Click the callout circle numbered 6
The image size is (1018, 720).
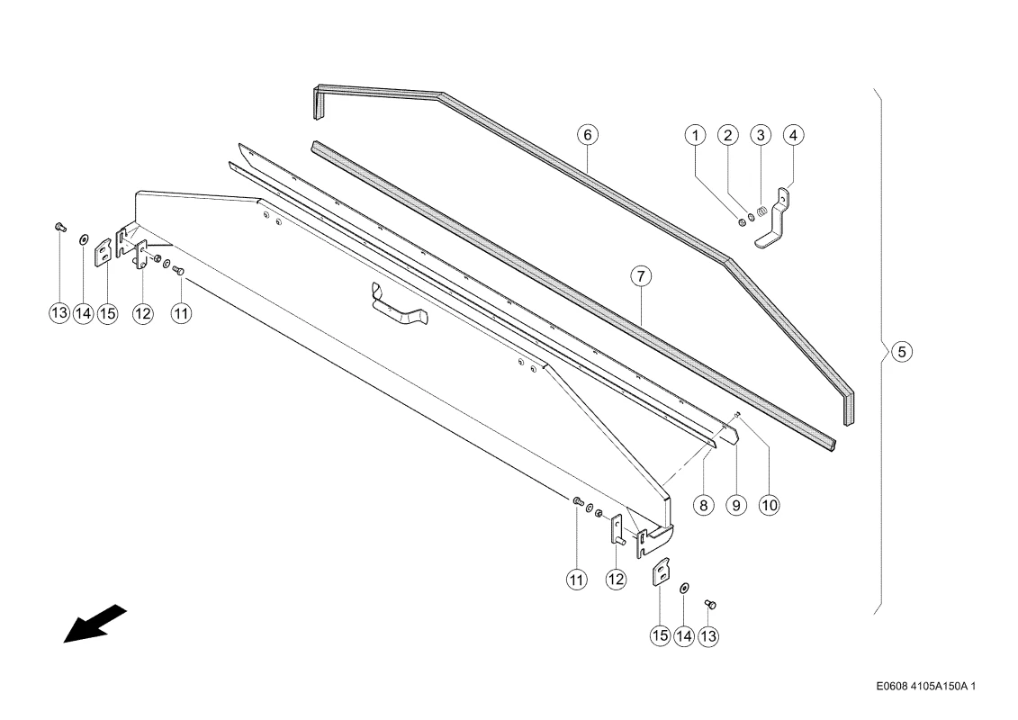point(588,135)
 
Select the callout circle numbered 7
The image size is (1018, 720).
point(641,276)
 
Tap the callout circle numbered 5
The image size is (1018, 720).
point(902,352)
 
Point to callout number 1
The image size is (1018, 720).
point(696,135)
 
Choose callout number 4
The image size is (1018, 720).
point(793,135)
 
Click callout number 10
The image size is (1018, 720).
point(769,505)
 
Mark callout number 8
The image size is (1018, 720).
point(704,505)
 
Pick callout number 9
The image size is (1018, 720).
point(736,505)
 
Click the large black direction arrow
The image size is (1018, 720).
point(95,624)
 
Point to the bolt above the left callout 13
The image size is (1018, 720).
point(59,227)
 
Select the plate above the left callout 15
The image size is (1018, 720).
point(104,251)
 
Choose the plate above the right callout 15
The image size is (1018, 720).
point(661,572)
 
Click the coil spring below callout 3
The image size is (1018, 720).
point(763,211)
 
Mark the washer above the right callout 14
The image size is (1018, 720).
point(684,589)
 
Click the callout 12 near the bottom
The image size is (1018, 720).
point(616,579)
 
